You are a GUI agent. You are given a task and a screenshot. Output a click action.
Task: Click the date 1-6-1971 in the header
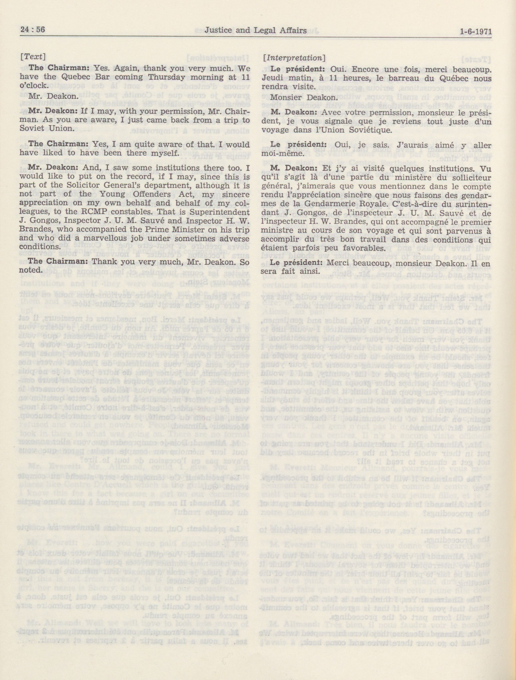point(476,31)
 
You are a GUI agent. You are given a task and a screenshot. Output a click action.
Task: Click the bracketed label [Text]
point(32,57)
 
